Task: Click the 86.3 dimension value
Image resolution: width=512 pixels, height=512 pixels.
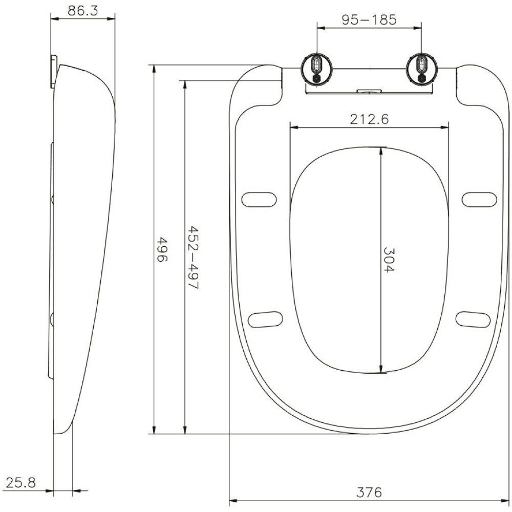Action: pos(82,11)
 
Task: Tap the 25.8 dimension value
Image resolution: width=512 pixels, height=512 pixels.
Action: pos(21,482)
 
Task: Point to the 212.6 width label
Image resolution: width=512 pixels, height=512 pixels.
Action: pos(369,119)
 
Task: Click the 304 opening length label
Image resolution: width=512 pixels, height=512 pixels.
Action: pos(389,260)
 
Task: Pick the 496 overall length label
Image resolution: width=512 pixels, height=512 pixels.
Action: pos(162,249)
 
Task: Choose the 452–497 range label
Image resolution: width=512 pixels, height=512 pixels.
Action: pos(193,258)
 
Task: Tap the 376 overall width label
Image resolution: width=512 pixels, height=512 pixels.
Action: pos(369,492)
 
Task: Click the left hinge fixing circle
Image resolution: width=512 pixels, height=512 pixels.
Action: pos(317,69)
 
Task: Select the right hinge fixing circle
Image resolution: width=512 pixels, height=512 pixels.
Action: pos(422,69)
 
